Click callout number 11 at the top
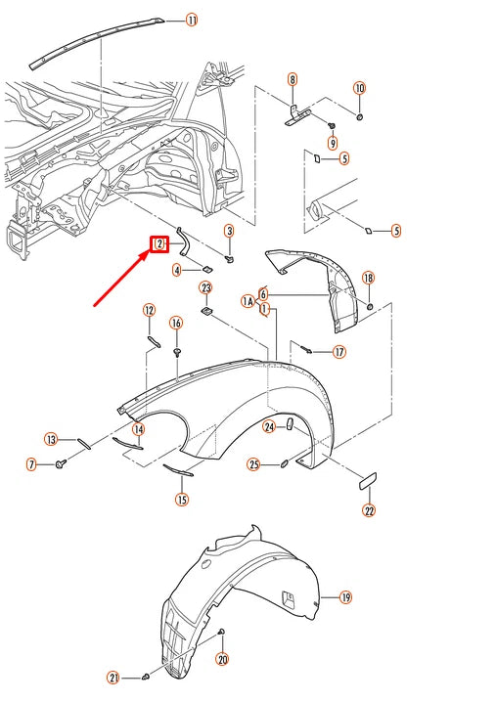pos(191,20)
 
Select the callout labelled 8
pos(292,79)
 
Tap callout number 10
pos(359,89)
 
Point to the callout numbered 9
pos(332,144)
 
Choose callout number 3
pos(229,231)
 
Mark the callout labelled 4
pos(177,270)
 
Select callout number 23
pos(205,287)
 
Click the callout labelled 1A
pos(248,303)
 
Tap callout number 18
pos(368,279)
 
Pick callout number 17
pos(339,352)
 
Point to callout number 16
pos(176,324)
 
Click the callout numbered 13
pos(51,439)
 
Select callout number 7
pos(31,464)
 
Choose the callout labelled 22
pos(369,509)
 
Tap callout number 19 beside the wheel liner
pos(344,596)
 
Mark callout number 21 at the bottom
pos(113,678)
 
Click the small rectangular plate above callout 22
pos(368,480)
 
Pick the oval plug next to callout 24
pos(290,423)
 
